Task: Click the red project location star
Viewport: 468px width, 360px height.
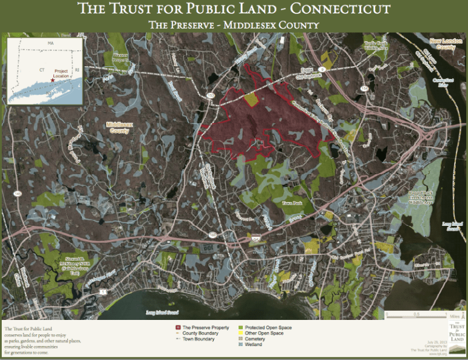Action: (53, 80)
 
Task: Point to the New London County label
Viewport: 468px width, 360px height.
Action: (442, 44)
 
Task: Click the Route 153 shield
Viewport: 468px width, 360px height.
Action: (210, 96)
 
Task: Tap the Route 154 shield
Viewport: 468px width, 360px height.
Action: (364, 89)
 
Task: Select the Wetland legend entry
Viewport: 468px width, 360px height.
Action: (254, 345)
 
